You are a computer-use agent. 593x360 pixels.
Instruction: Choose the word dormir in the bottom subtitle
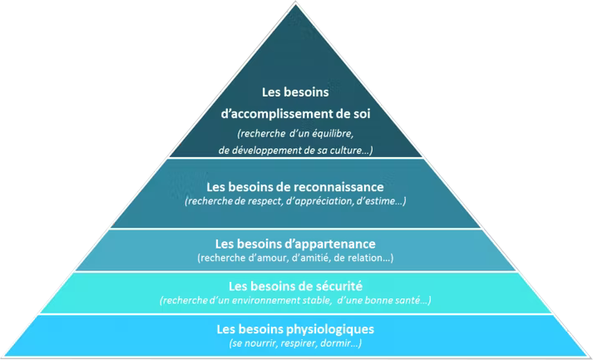click(x=337, y=343)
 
